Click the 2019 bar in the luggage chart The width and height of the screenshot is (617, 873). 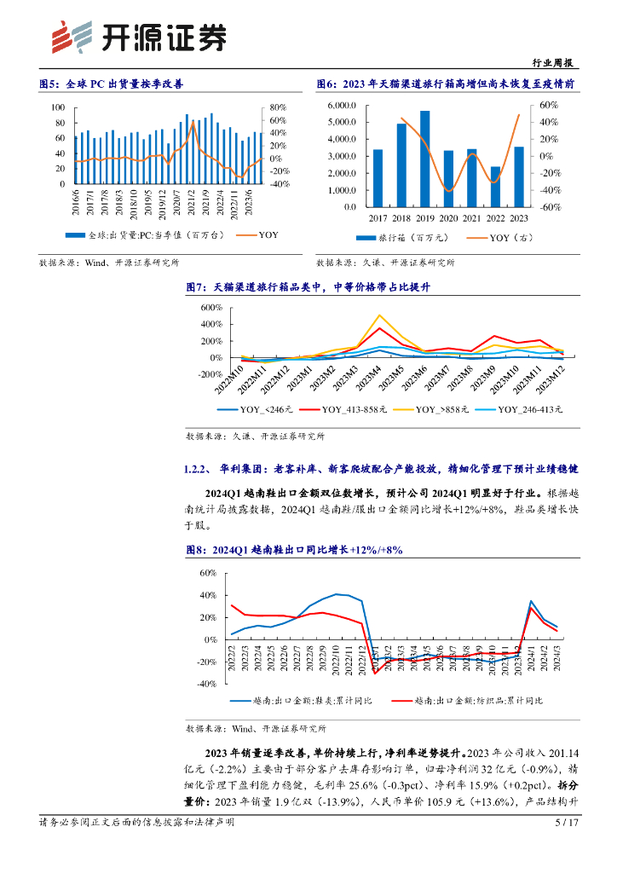(424, 159)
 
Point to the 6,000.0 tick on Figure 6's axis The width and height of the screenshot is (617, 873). (342, 106)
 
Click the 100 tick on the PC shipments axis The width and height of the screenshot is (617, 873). (58, 107)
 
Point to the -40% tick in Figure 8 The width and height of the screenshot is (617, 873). (208, 684)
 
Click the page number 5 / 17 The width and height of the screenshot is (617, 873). (566, 823)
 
